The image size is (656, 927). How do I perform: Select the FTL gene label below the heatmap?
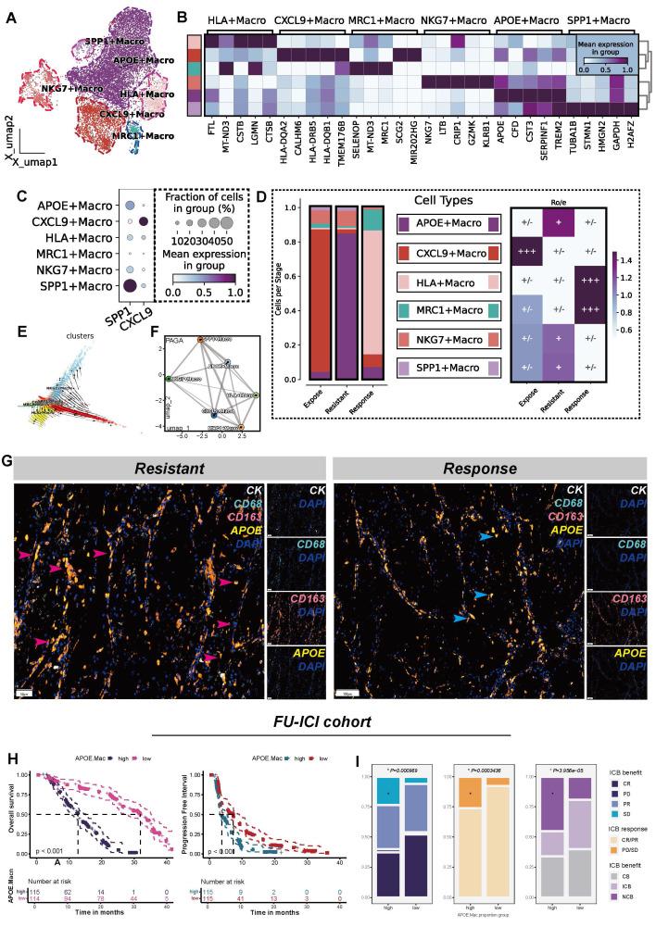point(213,124)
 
